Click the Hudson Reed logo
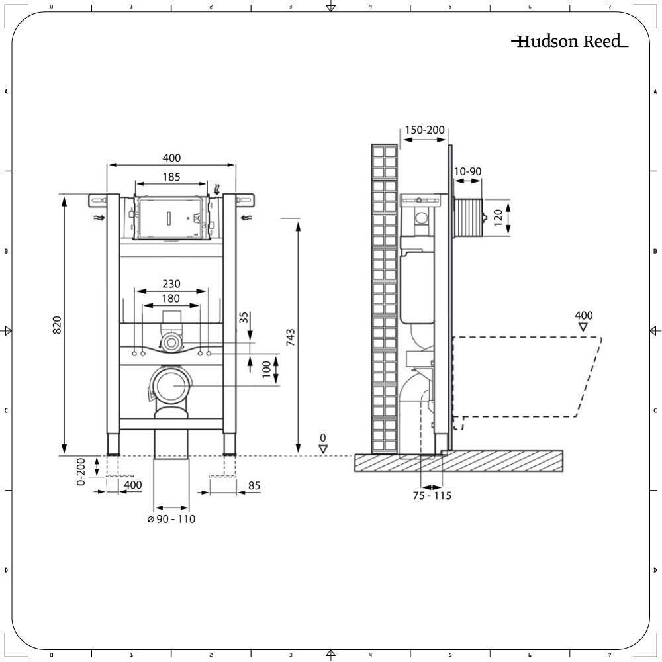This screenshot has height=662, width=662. tap(570, 41)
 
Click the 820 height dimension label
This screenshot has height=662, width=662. tap(57, 325)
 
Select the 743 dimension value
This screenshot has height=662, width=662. tap(291, 338)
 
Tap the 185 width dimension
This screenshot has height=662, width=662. tap(171, 177)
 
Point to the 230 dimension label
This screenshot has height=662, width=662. tap(171, 284)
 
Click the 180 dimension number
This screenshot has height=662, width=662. tap(171, 299)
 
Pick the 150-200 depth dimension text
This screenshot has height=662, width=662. tap(424, 130)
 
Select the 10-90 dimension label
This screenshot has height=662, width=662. tap(467, 171)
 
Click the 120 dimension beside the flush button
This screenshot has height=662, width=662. tap(498, 217)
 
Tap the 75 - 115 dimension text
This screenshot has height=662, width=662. tap(432, 496)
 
